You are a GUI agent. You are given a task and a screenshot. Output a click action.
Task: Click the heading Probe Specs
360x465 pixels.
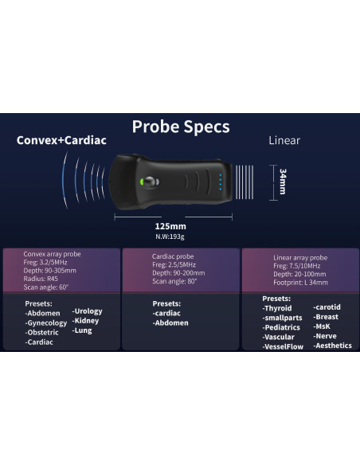(x=180, y=126)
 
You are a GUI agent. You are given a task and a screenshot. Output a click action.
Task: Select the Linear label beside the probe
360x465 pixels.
(x=284, y=141)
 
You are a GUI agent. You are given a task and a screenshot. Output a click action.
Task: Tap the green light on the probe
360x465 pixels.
(x=140, y=182)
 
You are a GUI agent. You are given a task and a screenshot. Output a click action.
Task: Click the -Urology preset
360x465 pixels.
(x=88, y=311)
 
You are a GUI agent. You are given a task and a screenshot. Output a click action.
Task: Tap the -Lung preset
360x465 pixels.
(x=82, y=330)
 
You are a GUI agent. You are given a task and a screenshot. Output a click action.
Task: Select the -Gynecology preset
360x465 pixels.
(x=46, y=322)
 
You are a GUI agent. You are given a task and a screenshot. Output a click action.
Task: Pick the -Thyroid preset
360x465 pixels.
(x=278, y=308)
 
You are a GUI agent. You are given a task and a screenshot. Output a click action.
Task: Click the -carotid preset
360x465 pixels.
(x=327, y=307)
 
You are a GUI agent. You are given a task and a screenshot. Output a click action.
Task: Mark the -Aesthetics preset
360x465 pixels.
(x=333, y=346)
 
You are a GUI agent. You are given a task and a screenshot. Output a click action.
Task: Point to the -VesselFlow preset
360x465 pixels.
(x=284, y=346)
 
